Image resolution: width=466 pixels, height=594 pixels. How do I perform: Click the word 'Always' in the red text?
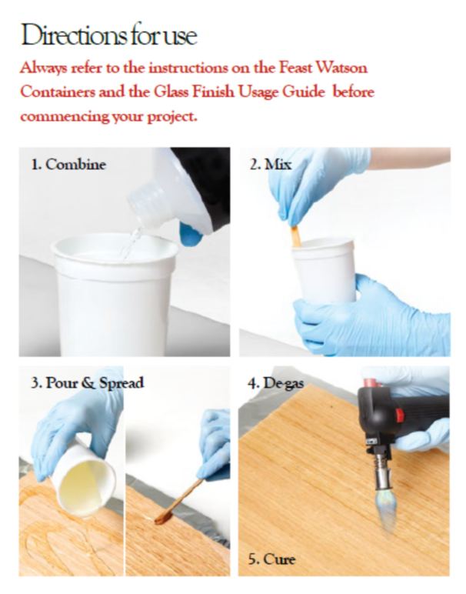click(45, 67)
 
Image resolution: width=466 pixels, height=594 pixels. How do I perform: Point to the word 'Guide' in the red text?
click(322, 92)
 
